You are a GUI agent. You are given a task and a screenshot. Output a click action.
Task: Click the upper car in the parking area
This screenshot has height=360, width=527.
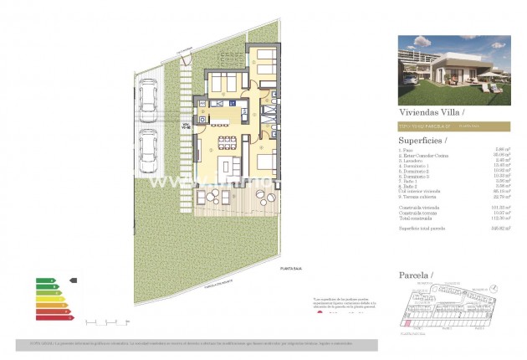(x=148, y=98)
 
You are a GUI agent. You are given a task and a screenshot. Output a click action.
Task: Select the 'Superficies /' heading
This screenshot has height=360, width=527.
(x=423, y=140)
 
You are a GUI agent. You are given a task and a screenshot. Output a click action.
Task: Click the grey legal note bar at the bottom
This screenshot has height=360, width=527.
(x=197, y=344)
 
